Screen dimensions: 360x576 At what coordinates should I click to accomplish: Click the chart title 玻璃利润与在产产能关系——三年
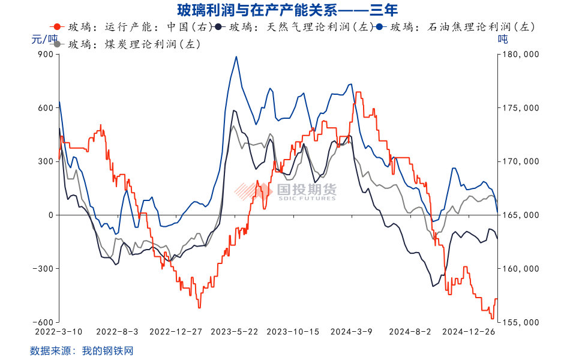(287, 10)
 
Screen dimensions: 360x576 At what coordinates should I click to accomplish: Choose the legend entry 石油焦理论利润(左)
(462, 27)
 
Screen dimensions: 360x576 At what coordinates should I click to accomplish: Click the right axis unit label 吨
(503, 40)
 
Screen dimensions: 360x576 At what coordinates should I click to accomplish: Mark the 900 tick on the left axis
(46, 55)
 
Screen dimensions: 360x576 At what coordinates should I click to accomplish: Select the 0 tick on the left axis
(50, 215)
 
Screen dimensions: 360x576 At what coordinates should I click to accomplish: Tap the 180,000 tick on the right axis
(521, 55)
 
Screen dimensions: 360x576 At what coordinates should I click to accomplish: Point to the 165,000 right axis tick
(521, 215)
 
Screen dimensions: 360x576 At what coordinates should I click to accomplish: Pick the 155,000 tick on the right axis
(521, 322)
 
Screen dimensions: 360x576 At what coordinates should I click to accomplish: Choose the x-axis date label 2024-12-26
(469, 331)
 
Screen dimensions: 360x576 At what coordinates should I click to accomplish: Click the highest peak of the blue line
(236, 57)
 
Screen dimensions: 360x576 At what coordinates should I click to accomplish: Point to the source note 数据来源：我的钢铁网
(81, 350)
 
